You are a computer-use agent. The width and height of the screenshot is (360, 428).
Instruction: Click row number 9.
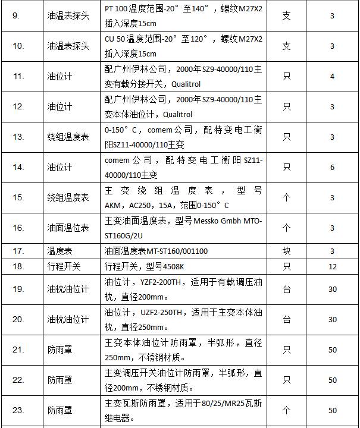pos(15,15)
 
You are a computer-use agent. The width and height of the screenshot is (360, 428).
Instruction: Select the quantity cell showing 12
pos(333,266)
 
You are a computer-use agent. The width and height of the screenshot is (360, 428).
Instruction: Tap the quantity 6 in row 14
pos(333,168)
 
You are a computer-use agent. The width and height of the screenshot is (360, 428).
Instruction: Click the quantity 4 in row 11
pos(333,77)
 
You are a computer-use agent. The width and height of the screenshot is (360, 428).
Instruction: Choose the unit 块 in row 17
pos(286,251)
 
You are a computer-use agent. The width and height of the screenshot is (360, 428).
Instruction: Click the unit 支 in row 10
pos(286,46)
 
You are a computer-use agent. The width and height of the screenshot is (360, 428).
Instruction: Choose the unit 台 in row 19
pos(286,289)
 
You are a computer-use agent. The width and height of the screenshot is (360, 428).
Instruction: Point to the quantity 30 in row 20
pos(333,320)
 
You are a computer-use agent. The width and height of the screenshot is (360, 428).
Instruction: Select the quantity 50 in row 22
pos(333,380)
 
